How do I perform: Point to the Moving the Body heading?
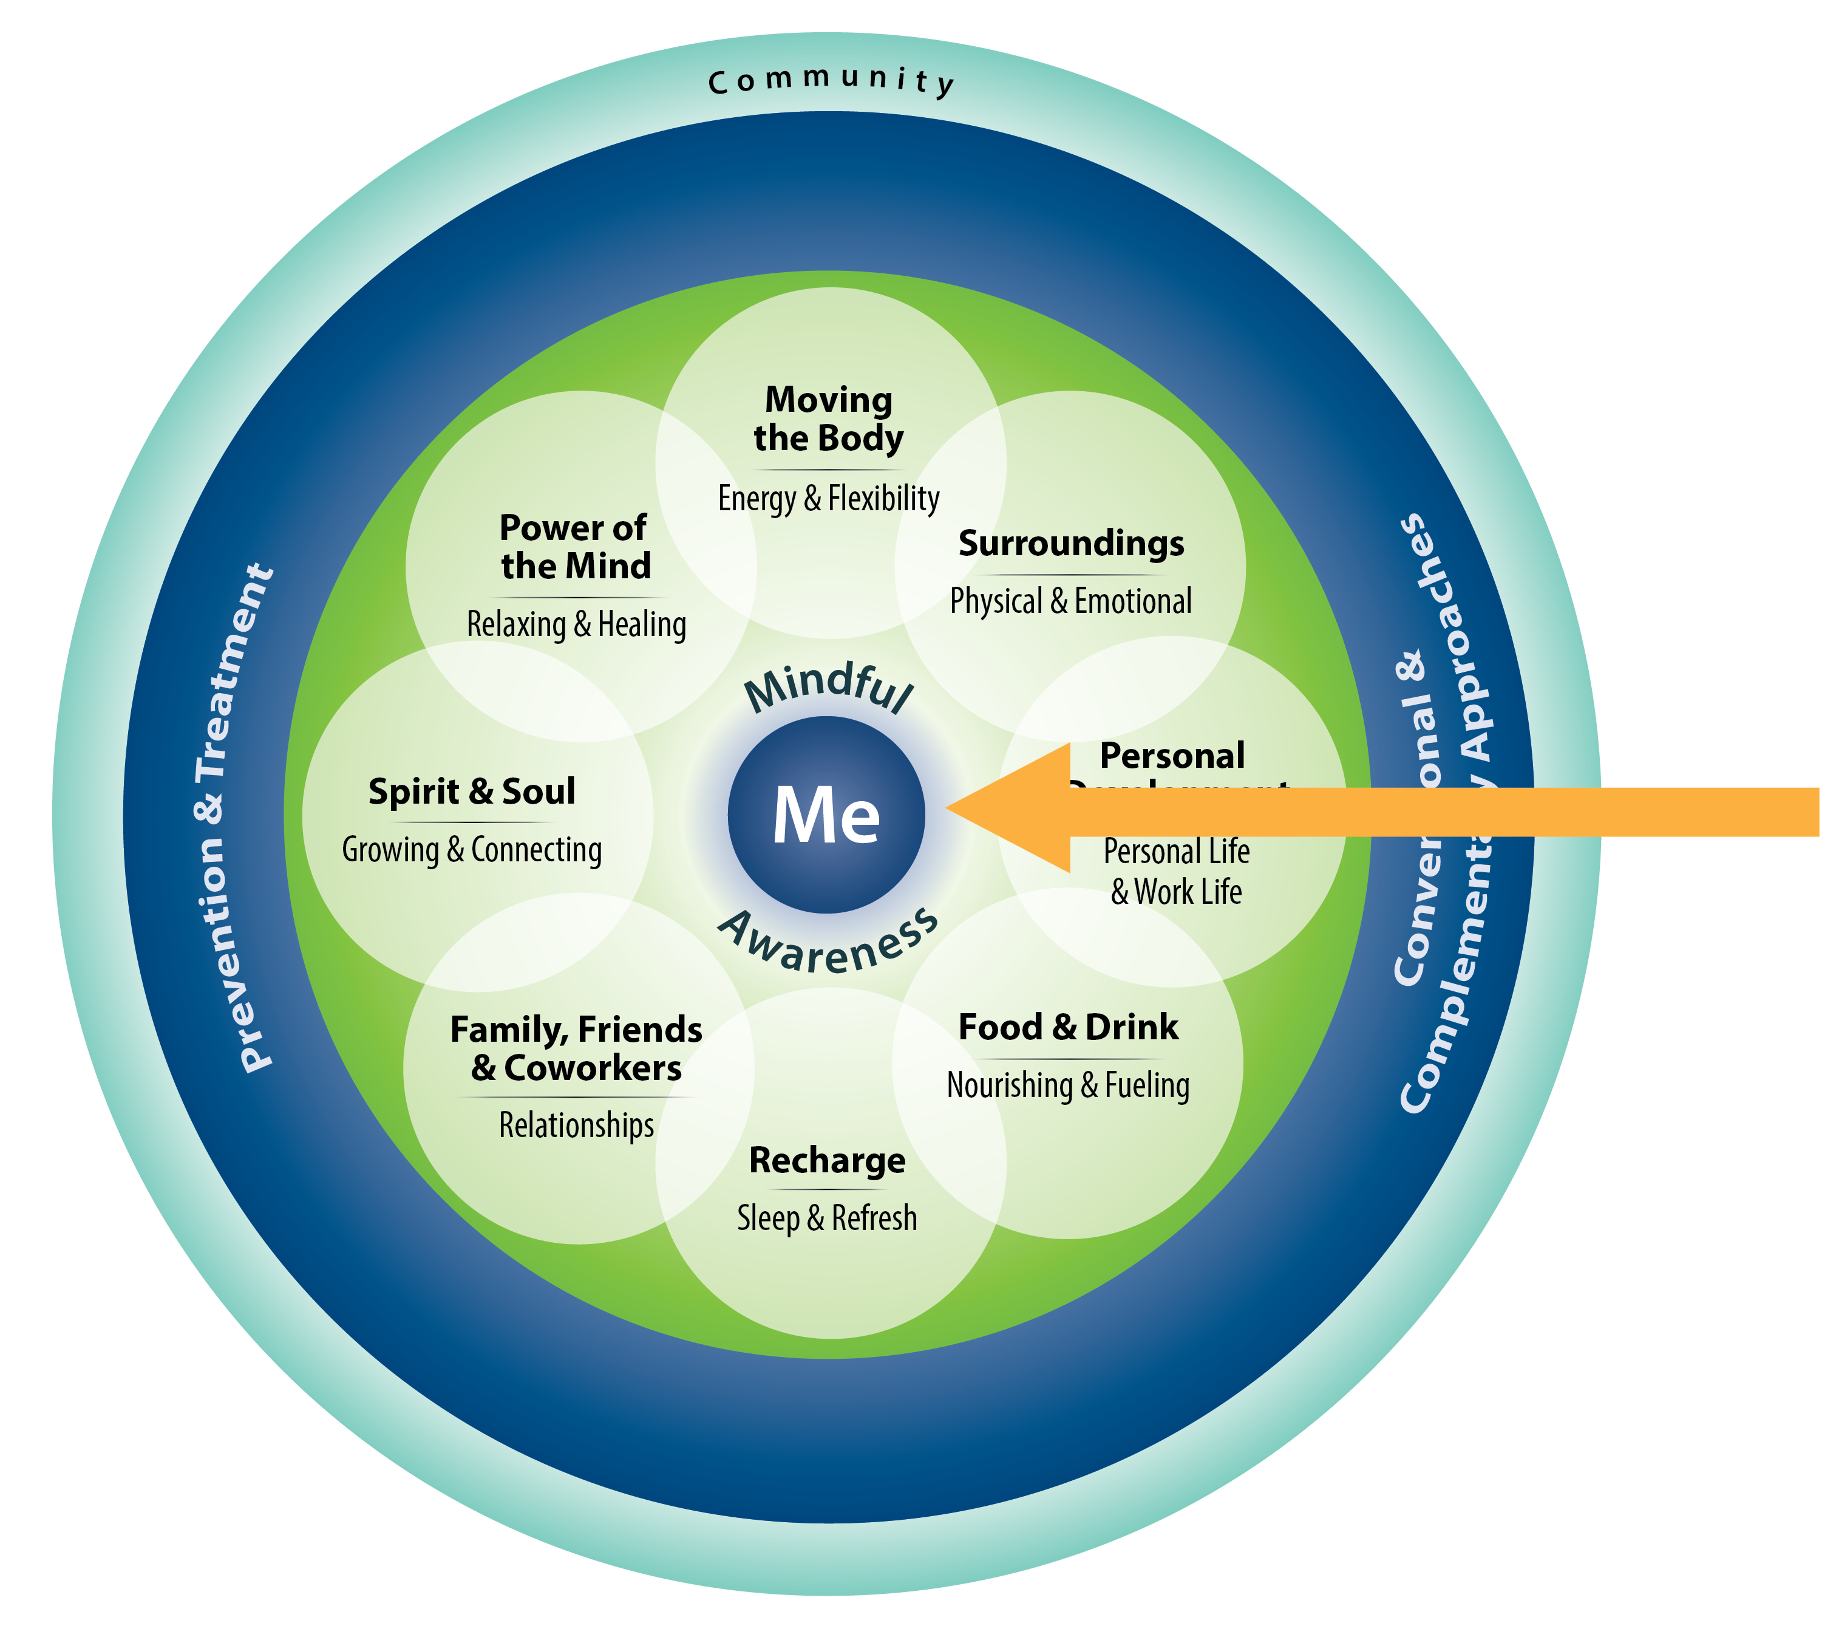pos(828,419)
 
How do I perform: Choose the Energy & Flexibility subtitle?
pos(828,498)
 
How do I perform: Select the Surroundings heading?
pos(1071,543)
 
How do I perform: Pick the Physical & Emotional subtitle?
pos(1071,601)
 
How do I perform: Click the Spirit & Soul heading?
pos(472,791)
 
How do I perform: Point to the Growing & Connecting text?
pos(472,849)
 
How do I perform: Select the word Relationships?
pos(576,1125)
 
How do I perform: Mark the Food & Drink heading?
pos(1068,1027)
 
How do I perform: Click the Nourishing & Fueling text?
pos(1068,1085)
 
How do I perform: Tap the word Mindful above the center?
pos(829,688)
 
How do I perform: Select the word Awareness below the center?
pos(829,945)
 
